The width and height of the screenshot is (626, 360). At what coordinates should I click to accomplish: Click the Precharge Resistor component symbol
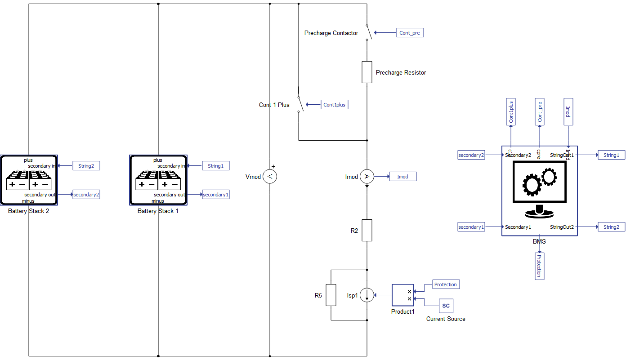[367, 72]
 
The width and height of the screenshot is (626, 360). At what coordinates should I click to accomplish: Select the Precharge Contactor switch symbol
[367, 32]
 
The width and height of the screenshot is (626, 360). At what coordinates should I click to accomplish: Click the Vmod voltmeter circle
[270, 177]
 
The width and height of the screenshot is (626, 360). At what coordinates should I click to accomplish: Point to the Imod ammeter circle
[367, 177]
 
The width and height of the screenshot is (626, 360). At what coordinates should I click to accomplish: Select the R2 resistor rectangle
[367, 231]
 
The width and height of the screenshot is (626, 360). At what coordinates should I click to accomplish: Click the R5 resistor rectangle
[331, 295]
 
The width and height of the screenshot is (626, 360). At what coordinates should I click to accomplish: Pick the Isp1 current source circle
[367, 295]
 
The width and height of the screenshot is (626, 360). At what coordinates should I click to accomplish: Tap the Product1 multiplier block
[402, 295]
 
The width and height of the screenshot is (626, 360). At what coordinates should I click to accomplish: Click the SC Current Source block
[446, 306]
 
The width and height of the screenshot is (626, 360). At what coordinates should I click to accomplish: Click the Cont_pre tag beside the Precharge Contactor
[410, 33]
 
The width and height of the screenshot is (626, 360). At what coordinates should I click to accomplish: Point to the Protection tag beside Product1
[446, 284]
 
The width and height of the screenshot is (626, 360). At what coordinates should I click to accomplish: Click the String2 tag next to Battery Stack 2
[86, 166]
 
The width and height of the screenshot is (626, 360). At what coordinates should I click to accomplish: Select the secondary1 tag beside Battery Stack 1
[216, 195]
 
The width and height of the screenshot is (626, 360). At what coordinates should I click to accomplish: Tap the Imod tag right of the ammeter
[402, 177]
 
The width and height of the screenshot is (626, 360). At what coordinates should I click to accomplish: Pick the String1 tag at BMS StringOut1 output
[611, 155]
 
